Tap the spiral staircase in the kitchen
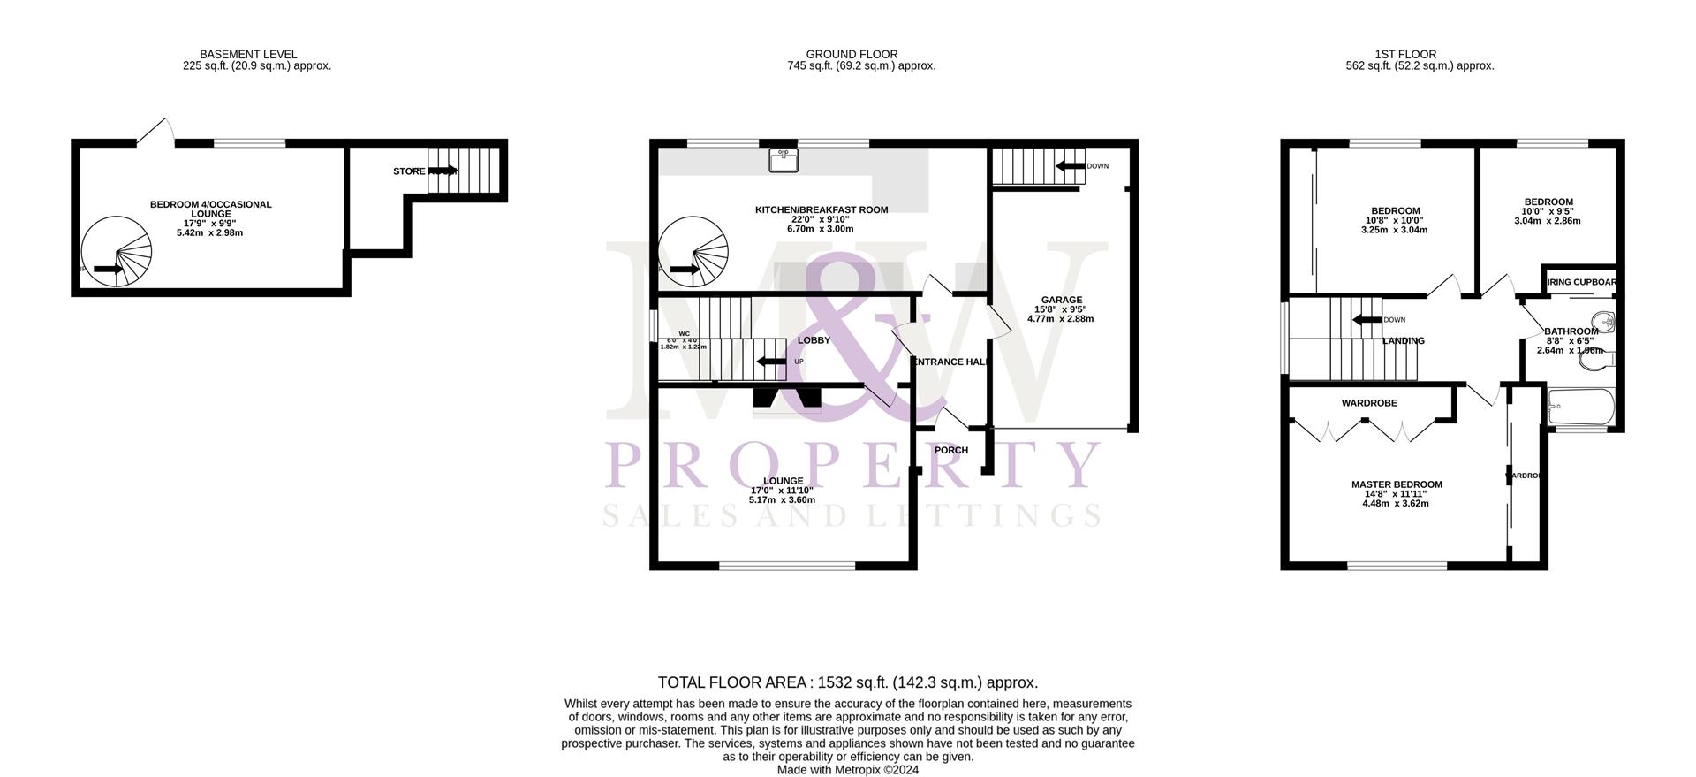coord(693,253)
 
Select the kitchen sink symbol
coord(783,160)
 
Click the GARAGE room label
coord(1060,301)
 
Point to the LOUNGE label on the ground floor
coord(783,482)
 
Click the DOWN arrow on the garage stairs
coord(1071,166)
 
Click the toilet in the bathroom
coord(1606,360)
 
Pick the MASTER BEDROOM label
coord(1397,484)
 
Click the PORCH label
coord(951,451)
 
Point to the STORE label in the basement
coord(409,171)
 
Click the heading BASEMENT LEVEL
coord(248,55)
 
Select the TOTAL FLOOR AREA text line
coord(847,682)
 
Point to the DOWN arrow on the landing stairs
coord(1368,320)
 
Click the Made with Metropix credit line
coord(847,770)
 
